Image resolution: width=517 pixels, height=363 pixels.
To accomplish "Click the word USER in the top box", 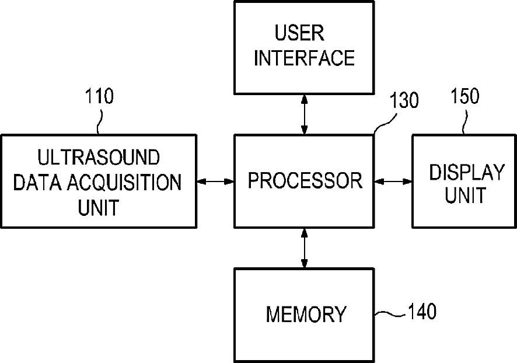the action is [299, 33].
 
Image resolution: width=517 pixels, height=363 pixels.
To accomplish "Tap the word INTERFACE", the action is [304, 58].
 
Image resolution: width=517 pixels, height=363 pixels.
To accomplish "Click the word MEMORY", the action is [306, 314].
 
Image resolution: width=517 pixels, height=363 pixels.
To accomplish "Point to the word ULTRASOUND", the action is [99, 157].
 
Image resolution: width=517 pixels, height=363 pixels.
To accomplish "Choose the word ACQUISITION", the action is [125, 182].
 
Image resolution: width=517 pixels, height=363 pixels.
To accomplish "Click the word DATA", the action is [37, 182].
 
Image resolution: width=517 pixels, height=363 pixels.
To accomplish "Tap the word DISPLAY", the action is [467, 172].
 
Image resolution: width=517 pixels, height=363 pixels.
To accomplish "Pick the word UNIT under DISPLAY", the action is [466, 194].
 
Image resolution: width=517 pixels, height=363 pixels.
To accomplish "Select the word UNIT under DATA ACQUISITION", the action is [98, 207].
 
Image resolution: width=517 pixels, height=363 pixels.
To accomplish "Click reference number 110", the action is [99, 96].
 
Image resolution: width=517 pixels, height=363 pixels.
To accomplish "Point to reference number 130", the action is [404, 100].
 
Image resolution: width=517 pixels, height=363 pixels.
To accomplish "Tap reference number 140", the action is [422, 311].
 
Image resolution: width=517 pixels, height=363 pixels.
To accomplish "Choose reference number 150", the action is [465, 96].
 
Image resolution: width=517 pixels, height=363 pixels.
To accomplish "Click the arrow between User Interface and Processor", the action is [304, 115].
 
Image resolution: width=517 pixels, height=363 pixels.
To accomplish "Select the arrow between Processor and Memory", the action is [304, 248].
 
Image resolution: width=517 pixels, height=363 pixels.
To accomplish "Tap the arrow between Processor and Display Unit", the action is [393, 181].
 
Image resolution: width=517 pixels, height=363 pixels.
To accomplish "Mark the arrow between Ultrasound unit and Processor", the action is [215, 181].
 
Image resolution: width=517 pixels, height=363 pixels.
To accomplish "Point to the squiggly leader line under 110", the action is [100, 122].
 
